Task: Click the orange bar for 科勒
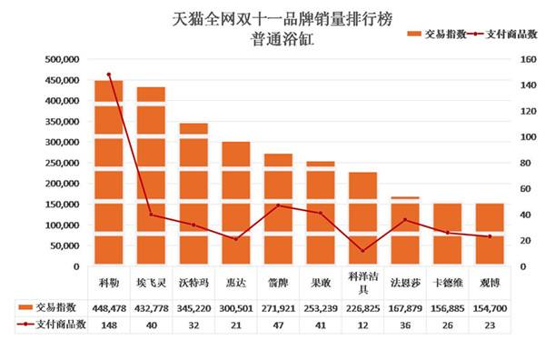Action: pos(109,173)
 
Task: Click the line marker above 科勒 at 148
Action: pos(109,75)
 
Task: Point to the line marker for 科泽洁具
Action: pos(362,251)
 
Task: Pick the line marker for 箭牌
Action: pos(278,205)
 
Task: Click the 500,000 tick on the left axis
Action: pos(62,59)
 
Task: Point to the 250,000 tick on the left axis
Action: pos(62,164)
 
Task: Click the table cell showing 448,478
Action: pos(109,307)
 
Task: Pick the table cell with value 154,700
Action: pos(490,307)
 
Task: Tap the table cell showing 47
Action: pos(278,324)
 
